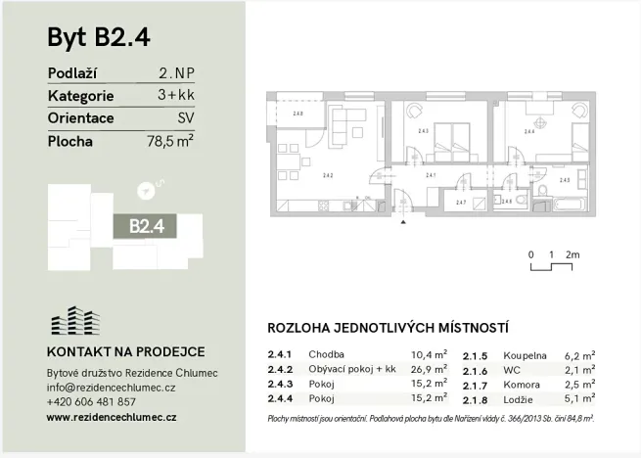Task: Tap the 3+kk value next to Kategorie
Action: [175, 97]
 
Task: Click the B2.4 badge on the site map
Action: [146, 225]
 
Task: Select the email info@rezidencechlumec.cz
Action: [111, 388]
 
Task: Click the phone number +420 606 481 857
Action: [91, 401]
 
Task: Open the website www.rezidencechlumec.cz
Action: [112, 417]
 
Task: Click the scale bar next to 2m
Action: [551, 264]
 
